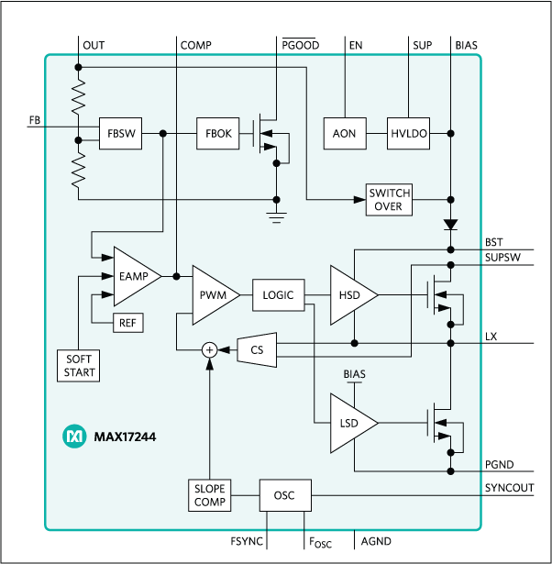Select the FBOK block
217,134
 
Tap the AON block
344,134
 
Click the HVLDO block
408,134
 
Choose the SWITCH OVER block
390,199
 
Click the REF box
127,323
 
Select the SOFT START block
79,366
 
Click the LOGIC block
278,295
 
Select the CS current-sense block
256,348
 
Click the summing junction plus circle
209,349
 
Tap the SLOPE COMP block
209,495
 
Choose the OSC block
284,496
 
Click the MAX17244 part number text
125,437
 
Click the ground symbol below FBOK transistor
275,216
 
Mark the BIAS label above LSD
355,375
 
